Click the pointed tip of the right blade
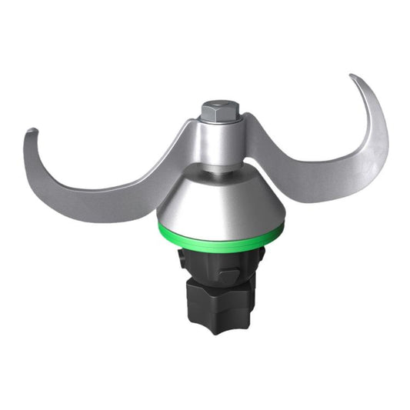point(354,77)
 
